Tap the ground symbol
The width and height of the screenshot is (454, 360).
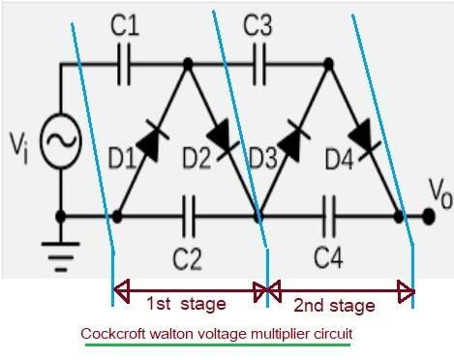click(60, 254)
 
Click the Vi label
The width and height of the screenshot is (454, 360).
click(21, 144)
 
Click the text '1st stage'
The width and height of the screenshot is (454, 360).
click(186, 304)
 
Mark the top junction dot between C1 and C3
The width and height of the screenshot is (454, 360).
click(188, 65)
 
